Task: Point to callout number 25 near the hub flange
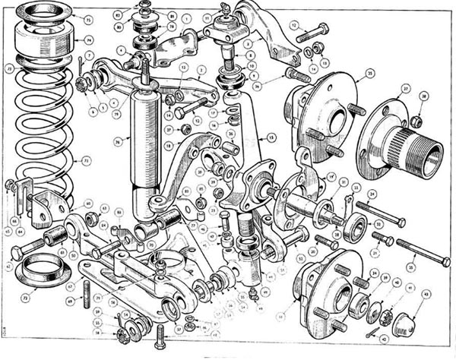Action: (x=369, y=73)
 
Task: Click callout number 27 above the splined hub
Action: (x=406, y=89)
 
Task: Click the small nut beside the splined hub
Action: (x=416, y=121)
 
